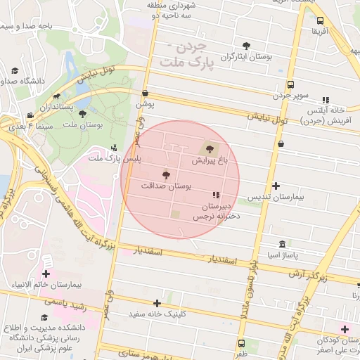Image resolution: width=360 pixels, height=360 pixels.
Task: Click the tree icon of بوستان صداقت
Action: click(166, 174)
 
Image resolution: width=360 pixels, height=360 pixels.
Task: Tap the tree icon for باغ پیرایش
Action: click(208, 148)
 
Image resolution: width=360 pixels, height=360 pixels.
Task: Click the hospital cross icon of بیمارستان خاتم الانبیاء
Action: click(46, 274)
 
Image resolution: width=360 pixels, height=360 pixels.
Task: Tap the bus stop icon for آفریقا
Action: click(321, 21)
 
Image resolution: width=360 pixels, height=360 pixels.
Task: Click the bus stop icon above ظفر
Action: click(242, 343)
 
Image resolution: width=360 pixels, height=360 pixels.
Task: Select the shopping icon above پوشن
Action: click(145, 92)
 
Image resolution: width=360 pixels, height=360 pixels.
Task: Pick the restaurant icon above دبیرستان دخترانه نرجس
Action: click(215, 195)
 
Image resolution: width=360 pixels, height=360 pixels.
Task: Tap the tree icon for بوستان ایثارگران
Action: click(246, 45)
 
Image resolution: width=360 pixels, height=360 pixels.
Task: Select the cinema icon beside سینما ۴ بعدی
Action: click(30, 115)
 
